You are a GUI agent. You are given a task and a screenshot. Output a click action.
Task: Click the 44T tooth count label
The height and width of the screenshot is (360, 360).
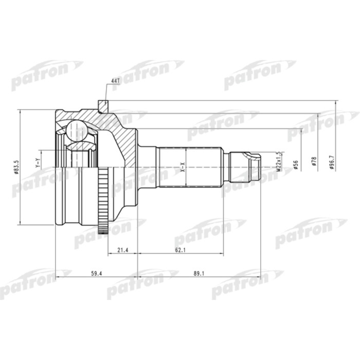pyautogui.click(x=115, y=82)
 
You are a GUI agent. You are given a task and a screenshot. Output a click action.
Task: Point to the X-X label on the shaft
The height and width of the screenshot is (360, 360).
pyautogui.click(x=182, y=167)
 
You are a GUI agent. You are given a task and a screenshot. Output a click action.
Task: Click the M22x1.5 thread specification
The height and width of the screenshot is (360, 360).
pyautogui.click(x=278, y=161)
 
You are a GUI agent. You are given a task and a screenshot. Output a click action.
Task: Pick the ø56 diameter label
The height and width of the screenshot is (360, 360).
pyautogui.click(x=296, y=164)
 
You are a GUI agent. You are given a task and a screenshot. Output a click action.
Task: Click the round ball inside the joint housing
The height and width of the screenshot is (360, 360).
pyautogui.click(x=78, y=131)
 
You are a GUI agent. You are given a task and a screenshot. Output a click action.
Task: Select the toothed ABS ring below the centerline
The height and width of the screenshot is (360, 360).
pyautogui.click(x=103, y=201)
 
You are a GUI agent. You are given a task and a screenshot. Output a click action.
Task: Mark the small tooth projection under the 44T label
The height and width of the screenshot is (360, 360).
pyautogui.click(x=103, y=105)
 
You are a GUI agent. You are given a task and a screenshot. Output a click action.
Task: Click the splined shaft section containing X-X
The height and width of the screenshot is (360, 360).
pyautogui.click(x=190, y=167)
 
